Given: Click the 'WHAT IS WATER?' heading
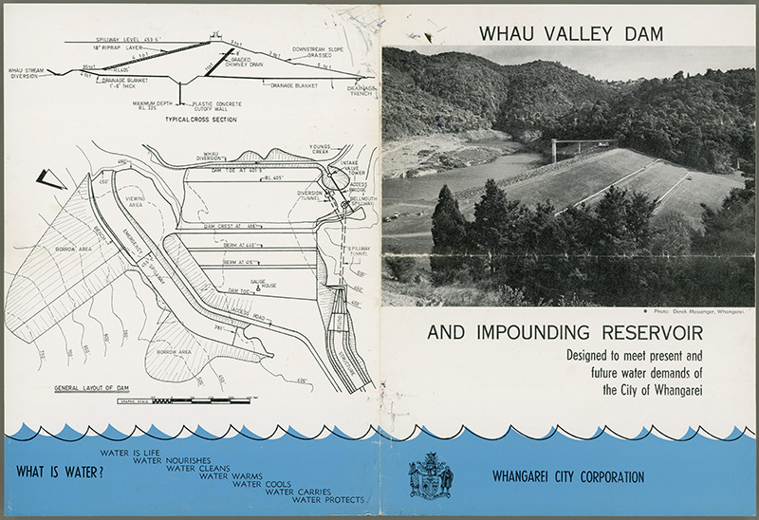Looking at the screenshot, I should (x=60, y=470).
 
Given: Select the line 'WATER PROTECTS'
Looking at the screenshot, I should (x=328, y=499).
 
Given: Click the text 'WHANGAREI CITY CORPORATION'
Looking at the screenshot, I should (x=569, y=476).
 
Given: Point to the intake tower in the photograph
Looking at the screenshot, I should (x=553, y=150).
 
